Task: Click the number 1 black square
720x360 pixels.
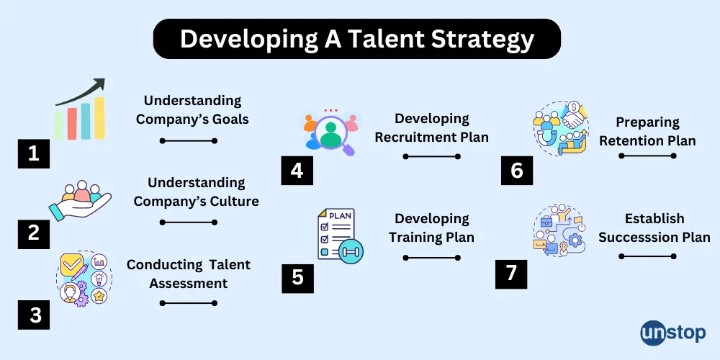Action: (x=34, y=153)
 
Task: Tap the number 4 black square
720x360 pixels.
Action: (x=297, y=170)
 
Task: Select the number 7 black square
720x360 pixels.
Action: (x=511, y=273)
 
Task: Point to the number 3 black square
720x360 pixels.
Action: (x=34, y=314)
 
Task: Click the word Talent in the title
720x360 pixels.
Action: (x=379, y=38)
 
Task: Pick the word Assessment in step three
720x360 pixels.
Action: (x=189, y=283)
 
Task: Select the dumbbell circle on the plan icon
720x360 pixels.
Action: (x=350, y=251)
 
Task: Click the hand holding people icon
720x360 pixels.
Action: (x=78, y=201)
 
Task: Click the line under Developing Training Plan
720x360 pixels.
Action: (x=431, y=257)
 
